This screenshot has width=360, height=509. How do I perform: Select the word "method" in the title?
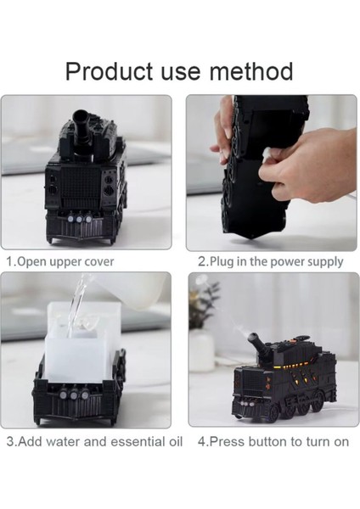(x=250, y=70)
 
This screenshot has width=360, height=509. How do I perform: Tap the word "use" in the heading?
(x=179, y=70)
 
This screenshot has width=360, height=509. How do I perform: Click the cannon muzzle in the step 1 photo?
(x=82, y=115)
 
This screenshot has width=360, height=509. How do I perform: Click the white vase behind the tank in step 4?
(x=202, y=348)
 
